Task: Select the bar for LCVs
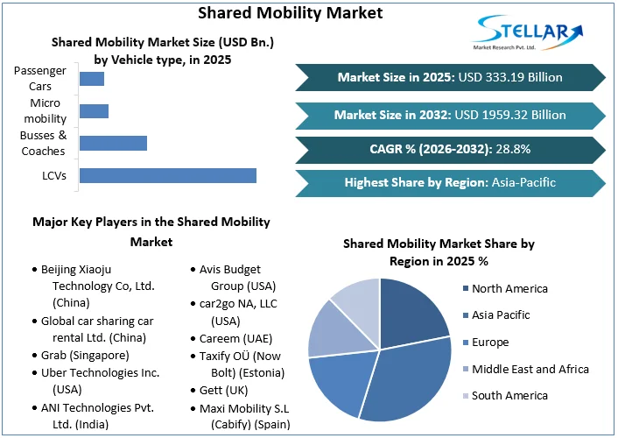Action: click(167, 175)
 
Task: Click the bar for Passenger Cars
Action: click(92, 79)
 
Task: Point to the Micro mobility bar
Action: click(94, 111)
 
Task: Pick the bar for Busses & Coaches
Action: click(113, 143)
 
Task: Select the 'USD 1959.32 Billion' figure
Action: click(511, 114)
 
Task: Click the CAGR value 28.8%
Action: click(513, 149)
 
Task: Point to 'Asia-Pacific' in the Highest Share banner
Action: click(523, 182)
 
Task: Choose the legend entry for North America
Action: click(509, 288)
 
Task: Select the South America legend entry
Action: click(509, 395)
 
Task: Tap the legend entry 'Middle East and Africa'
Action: click(530, 369)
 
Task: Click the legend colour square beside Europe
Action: click(464, 343)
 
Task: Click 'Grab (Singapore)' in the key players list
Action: click(85, 355)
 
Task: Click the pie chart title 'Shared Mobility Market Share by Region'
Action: click(438, 252)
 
